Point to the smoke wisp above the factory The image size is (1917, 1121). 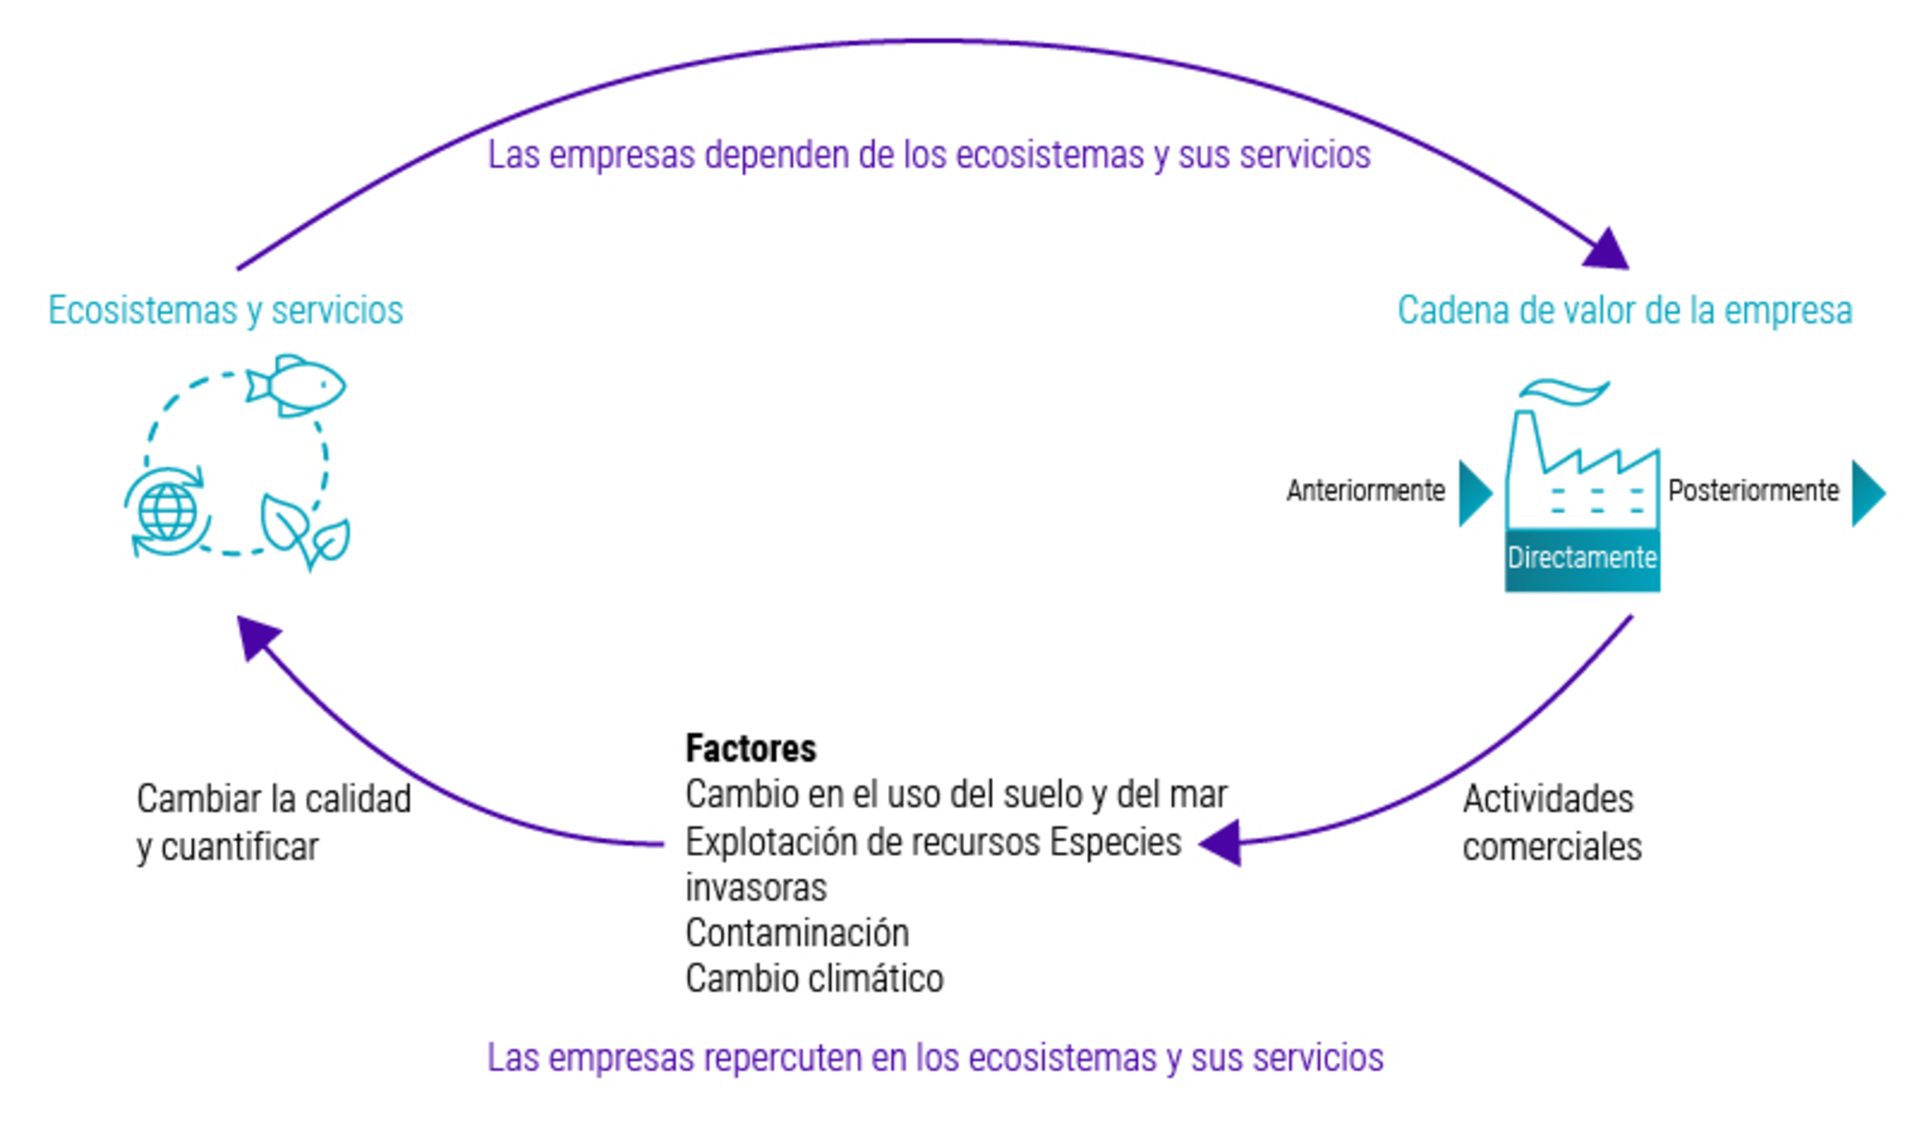pos(1564,392)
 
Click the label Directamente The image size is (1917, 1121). pos(1583,558)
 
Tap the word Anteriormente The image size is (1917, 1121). pos(1365,491)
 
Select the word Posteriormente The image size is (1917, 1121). pos(1753,491)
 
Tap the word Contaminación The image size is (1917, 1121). pos(797,933)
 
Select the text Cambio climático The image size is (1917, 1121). pos(814,979)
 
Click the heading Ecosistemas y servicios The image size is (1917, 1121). pos(226,310)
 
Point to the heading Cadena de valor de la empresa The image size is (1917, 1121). pos(1625,310)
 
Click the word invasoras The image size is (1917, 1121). pos(756,887)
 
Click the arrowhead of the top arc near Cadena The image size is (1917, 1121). pos(1606,251)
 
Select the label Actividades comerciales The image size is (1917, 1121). pos(1552,823)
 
